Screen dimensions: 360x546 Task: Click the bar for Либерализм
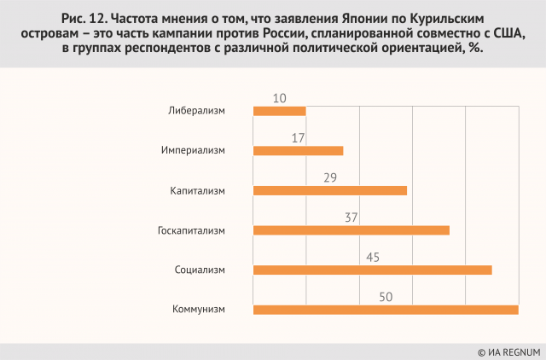280,111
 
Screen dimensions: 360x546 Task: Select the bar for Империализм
299,150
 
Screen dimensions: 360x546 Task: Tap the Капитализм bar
330,190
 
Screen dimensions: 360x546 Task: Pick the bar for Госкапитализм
351,229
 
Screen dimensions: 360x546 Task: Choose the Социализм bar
373,270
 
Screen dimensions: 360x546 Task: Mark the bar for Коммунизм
386,309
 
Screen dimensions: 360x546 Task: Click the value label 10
280,98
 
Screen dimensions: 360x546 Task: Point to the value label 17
298,137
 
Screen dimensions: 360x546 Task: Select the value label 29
330,177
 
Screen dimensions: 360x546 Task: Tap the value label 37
351,217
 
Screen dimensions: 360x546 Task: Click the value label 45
373,257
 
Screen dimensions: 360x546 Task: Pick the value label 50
386,296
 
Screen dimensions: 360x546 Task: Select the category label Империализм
193,151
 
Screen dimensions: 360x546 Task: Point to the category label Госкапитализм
191,230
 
